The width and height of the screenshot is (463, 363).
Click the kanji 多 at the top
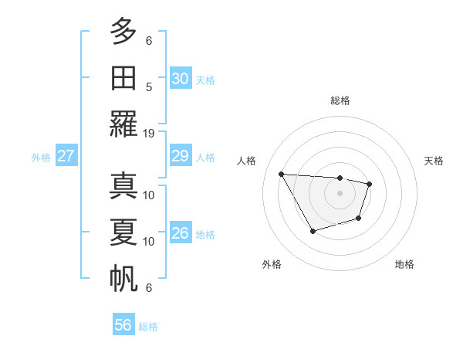coord(123,32)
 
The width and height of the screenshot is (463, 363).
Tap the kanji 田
coord(123,78)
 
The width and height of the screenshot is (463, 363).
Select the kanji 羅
coord(123,123)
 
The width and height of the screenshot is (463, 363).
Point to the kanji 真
coord(123,186)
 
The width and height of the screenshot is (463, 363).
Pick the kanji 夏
coord(123,232)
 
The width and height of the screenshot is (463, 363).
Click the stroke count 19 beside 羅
coord(149,133)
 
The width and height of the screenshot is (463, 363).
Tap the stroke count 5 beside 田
coord(149,87)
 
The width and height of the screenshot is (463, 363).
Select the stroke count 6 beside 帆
coord(149,288)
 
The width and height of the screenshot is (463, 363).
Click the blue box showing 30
coord(181,78)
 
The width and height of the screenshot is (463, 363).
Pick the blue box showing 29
coord(181,156)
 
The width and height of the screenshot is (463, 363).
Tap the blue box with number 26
coord(181,233)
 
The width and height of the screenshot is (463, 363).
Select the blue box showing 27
coord(66,156)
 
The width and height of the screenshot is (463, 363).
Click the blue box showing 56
coord(123,325)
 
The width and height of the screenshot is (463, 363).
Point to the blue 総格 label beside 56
coord(148,327)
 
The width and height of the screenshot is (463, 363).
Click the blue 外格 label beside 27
coord(41,158)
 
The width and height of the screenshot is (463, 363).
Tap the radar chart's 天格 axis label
coord(434,161)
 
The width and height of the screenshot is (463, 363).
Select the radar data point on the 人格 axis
coord(282,174)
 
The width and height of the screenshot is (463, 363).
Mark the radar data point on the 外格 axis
coord(313,231)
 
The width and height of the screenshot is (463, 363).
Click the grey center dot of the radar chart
coord(340,193)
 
